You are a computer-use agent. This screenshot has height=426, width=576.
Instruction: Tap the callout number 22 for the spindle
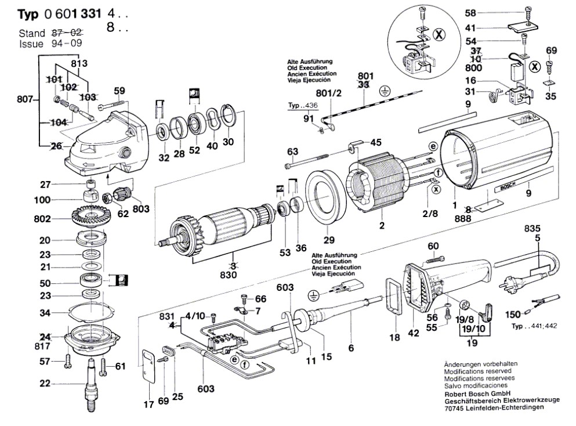click(44, 383)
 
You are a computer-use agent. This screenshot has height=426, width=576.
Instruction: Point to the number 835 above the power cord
click(534, 228)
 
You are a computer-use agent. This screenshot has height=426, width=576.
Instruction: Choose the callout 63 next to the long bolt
click(292, 152)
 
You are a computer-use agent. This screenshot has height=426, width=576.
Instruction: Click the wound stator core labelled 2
click(377, 185)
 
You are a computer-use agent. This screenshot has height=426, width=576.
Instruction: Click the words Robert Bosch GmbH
click(472, 393)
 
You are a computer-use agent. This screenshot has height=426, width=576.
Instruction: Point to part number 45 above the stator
click(376, 143)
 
